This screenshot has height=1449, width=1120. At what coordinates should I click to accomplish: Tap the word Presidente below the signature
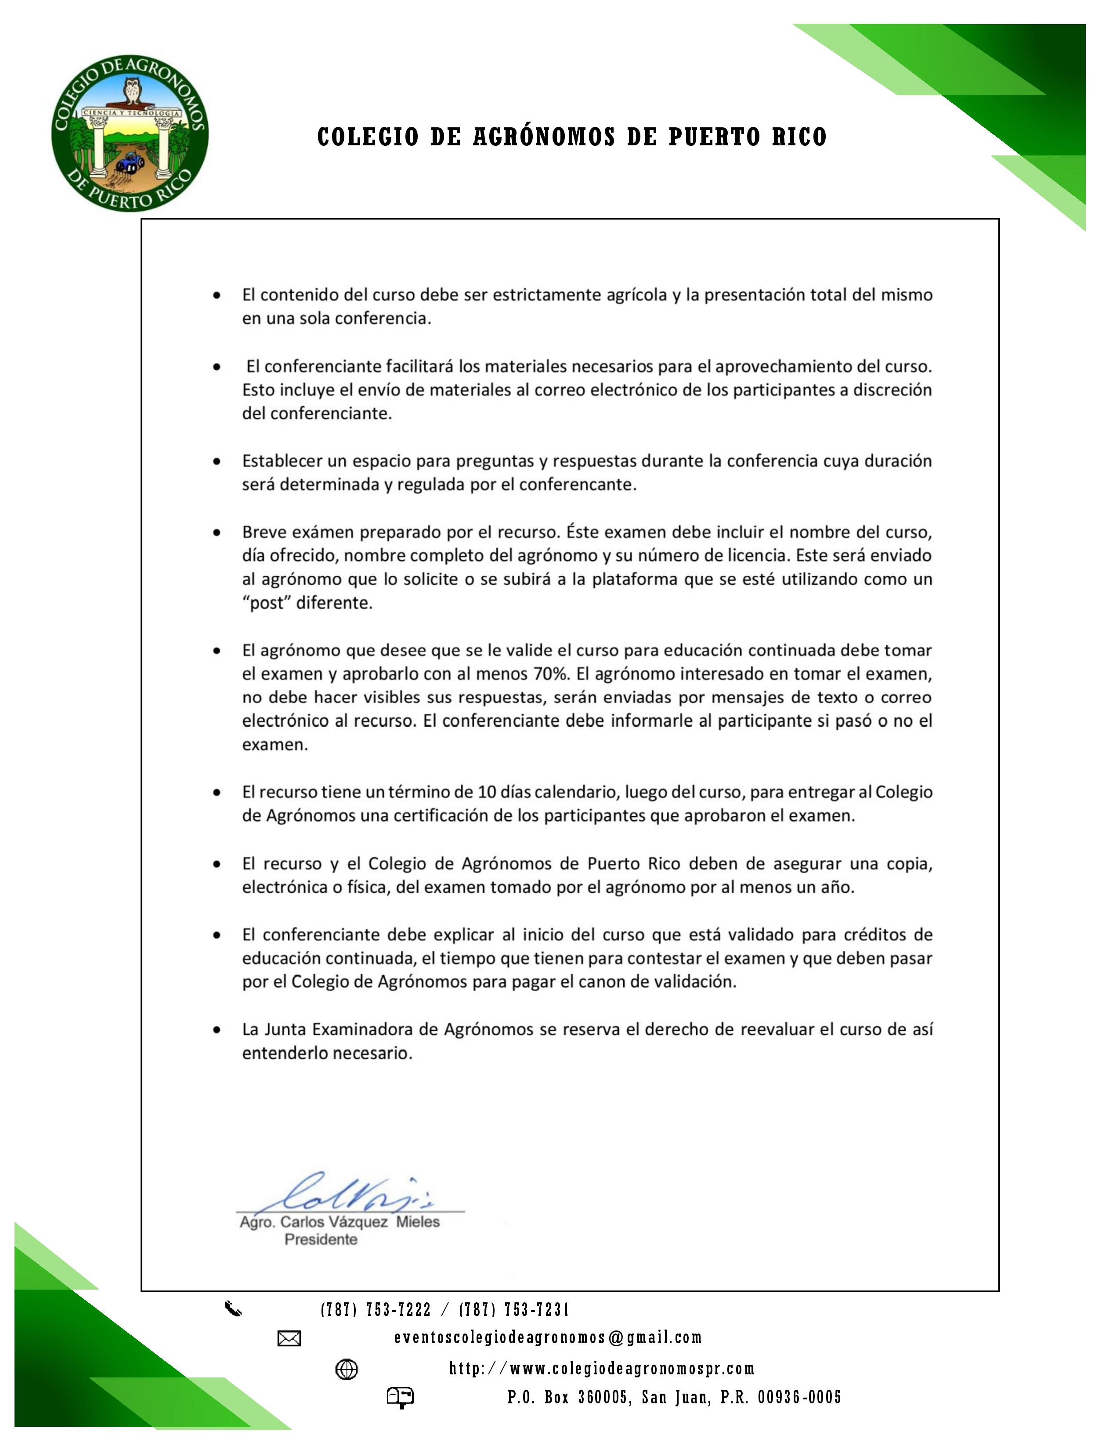click(x=321, y=1240)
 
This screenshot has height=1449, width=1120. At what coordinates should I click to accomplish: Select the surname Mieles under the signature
click(x=418, y=1222)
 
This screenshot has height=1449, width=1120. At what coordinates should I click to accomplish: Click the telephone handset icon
click(x=233, y=1309)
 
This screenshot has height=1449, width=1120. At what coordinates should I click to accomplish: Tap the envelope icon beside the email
click(x=289, y=1339)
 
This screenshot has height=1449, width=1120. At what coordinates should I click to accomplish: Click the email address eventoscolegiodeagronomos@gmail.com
click(x=547, y=1337)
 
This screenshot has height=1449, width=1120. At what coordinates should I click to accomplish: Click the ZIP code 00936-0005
click(x=799, y=1397)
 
